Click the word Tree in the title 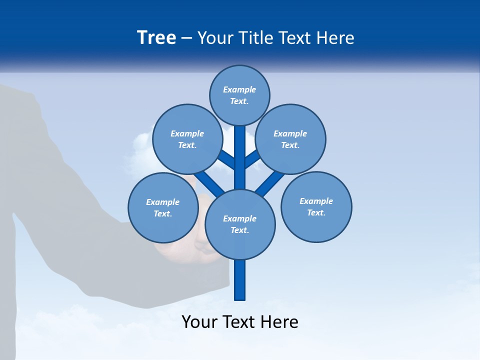[x=156, y=38]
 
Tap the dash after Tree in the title [x=187, y=38]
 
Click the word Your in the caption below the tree [x=199, y=321]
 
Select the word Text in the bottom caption [x=239, y=321]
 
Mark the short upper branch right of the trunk [x=251, y=160]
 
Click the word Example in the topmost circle [x=239, y=89]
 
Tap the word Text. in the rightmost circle [x=316, y=212]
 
